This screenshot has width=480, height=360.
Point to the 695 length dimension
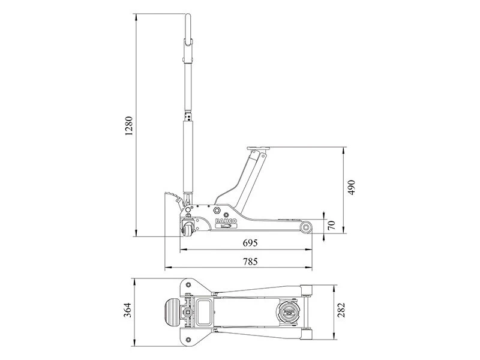tap(249, 243)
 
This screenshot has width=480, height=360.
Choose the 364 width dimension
tap(128, 312)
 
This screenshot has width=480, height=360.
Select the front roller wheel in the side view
tap(306, 227)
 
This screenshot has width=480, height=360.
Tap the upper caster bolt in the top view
tap(190, 298)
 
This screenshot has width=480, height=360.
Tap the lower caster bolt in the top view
tap(190, 326)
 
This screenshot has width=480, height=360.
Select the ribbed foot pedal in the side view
tap(170, 195)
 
